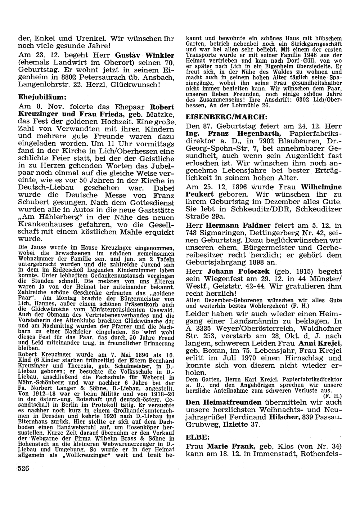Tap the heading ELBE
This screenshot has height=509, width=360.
pyautogui.click(x=197, y=437)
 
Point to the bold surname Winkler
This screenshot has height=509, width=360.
pyautogui.click(x=159, y=55)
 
